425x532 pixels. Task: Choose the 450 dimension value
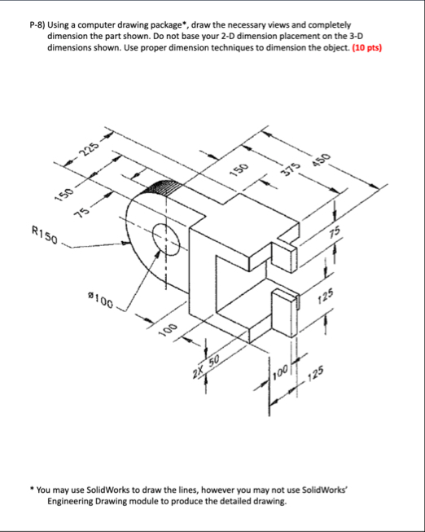coord(323,161)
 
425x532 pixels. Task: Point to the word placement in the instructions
coord(270,37)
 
